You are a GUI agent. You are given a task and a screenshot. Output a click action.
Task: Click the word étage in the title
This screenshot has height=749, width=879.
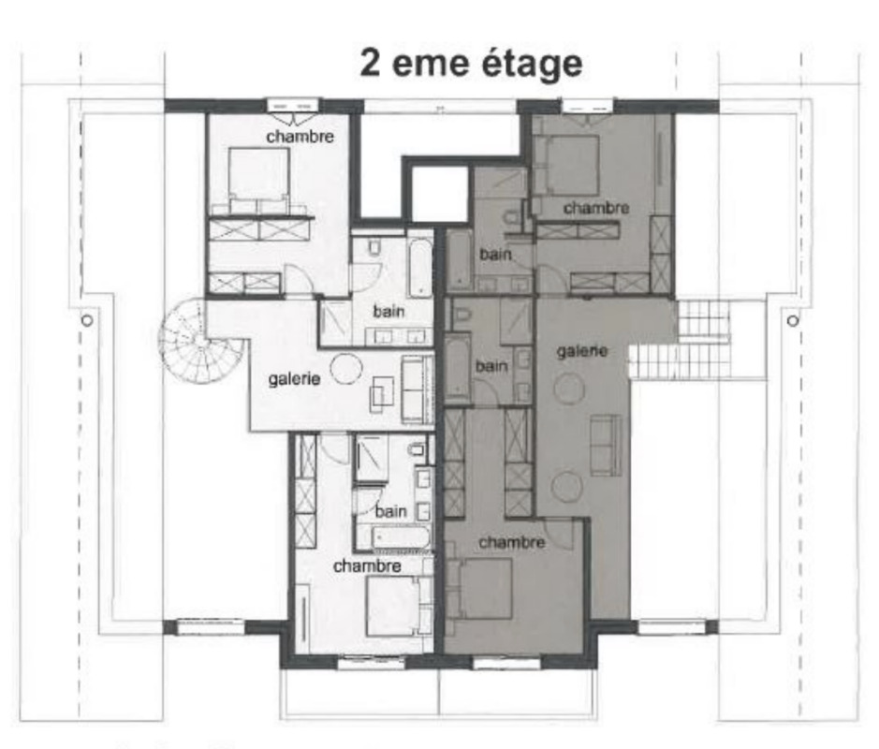(x=531, y=64)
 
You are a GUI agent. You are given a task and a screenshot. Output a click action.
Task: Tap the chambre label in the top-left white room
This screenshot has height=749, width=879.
(x=300, y=137)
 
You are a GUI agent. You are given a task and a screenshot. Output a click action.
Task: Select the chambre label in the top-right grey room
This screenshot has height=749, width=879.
(x=596, y=207)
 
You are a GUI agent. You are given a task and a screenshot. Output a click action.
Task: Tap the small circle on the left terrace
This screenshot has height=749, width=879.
(x=87, y=319)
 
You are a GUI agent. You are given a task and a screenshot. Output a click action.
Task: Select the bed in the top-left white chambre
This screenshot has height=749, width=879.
(x=257, y=177)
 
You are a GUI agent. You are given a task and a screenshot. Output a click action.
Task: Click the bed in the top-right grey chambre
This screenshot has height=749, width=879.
(x=568, y=165)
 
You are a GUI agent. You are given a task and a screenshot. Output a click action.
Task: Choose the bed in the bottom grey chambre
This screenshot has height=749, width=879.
(x=483, y=588)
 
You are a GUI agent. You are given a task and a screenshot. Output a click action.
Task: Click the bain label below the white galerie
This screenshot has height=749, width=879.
(x=391, y=511)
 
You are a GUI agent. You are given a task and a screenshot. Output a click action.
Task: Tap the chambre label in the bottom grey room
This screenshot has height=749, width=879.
(x=511, y=543)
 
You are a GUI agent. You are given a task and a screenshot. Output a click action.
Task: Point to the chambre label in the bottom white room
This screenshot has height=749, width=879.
(x=367, y=565)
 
